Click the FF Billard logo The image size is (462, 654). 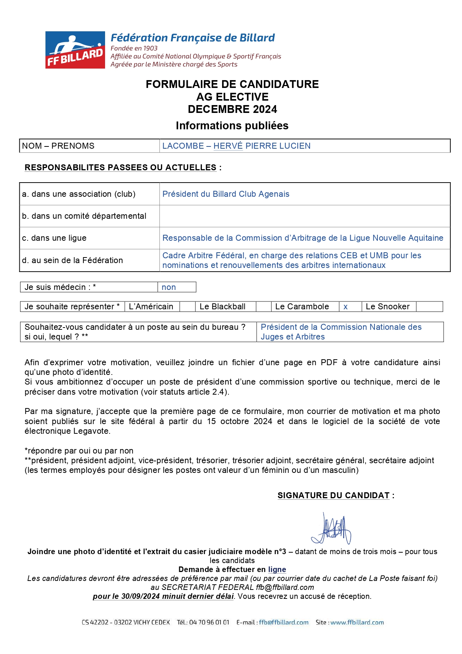pyautogui.click(x=75, y=50)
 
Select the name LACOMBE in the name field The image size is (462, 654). pyautogui.click(x=183, y=146)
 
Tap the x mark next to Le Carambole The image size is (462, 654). pyautogui.click(x=345, y=307)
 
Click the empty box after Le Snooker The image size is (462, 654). pyautogui.click(x=429, y=307)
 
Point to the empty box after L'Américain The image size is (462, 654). pyautogui.click(x=187, y=307)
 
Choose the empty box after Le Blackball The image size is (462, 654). pyautogui.click(x=263, y=307)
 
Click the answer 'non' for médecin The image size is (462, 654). pyautogui.click(x=169, y=287)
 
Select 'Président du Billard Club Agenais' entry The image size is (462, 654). pyautogui.click(x=226, y=194)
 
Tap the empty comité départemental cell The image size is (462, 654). pyautogui.click(x=304, y=216)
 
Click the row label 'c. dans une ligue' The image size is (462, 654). pyautogui.click(x=54, y=238)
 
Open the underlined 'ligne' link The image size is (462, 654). pyautogui.click(x=277, y=569)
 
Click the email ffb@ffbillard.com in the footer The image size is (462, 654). pyautogui.click(x=284, y=622)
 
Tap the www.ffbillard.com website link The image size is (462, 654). pyautogui.click(x=357, y=622)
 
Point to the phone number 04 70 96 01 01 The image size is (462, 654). pyautogui.click(x=209, y=622)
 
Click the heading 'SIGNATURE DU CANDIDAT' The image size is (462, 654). pyautogui.click(x=333, y=496)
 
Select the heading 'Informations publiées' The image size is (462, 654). pyautogui.click(x=232, y=126)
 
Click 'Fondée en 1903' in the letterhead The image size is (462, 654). pyautogui.click(x=134, y=48)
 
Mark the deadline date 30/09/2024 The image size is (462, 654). pyautogui.click(x=140, y=596)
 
